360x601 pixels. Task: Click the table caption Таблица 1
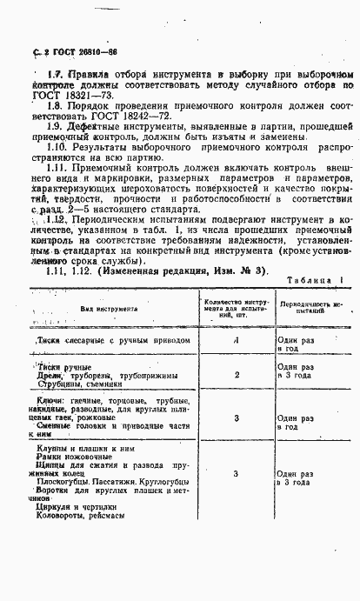313,287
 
